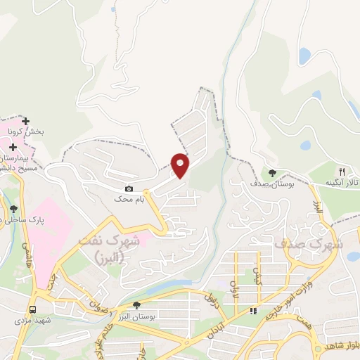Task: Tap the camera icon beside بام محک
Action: tap(129, 188)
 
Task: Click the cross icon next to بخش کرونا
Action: tap(26, 122)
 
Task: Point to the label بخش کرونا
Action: tap(30, 131)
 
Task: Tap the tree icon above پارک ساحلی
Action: tap(13, 209)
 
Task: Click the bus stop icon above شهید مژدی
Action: tap(33, 309)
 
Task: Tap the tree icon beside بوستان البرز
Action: tap(136, 305)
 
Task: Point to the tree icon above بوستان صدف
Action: tap(273, 172)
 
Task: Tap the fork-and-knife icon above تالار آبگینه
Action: tap(342, 171)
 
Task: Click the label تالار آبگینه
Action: tap(342, 182)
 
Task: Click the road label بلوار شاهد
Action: tap(341, 347)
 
